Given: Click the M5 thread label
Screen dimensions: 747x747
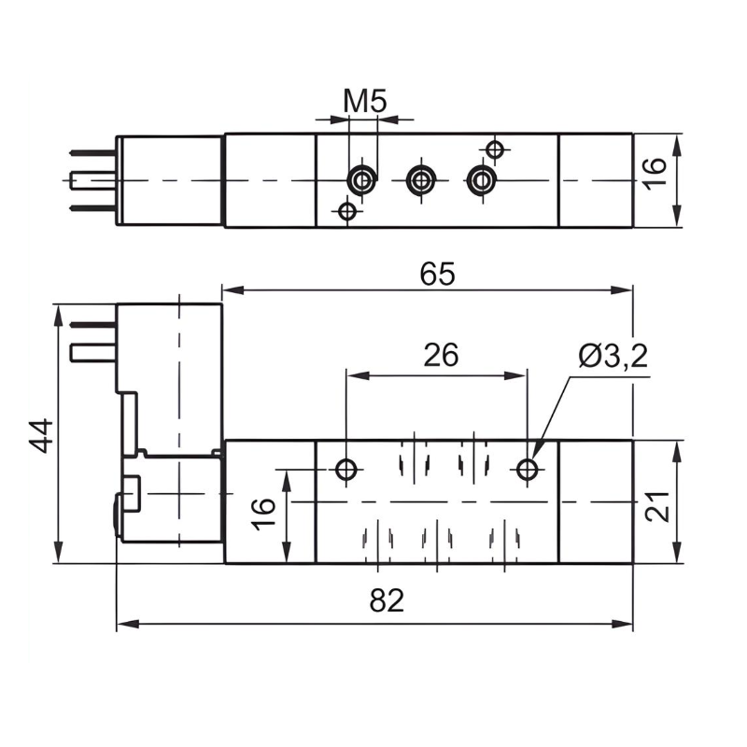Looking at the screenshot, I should point(364,101).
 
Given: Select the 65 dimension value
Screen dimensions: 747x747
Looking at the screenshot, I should point(437,275).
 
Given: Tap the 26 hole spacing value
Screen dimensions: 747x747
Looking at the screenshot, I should point(441,356).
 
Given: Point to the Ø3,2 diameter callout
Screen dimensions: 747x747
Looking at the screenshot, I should point(613,356).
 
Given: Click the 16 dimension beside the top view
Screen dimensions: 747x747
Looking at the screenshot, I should point(656,171).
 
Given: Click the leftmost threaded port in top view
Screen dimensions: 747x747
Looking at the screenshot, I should point(361,179).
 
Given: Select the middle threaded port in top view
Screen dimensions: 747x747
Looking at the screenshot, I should point(421,179).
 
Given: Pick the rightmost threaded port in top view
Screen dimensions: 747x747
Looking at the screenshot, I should point(481,179).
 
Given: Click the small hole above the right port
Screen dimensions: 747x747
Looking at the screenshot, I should point(495,149).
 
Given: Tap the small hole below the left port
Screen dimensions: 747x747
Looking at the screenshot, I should point(347,212).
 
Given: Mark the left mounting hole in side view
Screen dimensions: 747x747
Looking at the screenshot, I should point(347,469).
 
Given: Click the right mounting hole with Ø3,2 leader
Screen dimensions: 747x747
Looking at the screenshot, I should point(528,469).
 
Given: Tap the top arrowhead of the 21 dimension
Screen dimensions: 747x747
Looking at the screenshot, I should point(675,448).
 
